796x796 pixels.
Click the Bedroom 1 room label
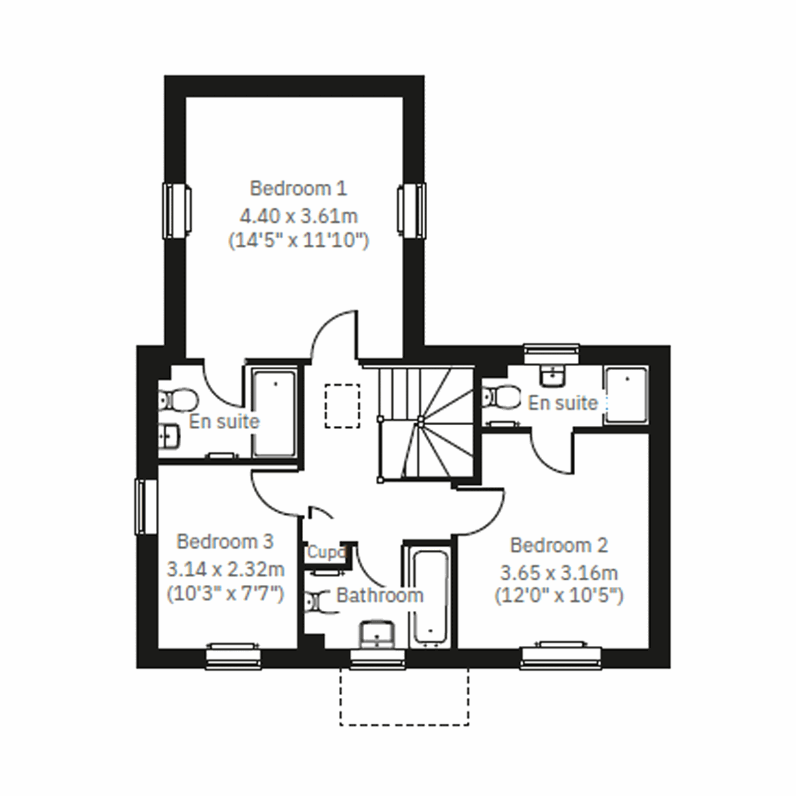(298, 188)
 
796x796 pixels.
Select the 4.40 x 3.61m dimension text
(298, 216)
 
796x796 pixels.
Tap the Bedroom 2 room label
(559, 545)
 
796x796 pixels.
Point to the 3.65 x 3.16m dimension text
(559, 572)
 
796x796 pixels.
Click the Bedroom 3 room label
(225, 542)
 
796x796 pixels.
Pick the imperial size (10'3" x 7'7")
(225, 593)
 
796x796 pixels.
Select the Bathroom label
(379, 595)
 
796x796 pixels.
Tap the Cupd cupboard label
(326, 552)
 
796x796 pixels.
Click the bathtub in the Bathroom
(429, 596)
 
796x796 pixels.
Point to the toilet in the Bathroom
(313, 602)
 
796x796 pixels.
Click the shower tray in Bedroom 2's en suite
(625, 394)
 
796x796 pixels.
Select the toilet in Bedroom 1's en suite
(176, 400)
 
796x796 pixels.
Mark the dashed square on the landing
(342, 406)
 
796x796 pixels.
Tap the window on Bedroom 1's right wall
(410, 210)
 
